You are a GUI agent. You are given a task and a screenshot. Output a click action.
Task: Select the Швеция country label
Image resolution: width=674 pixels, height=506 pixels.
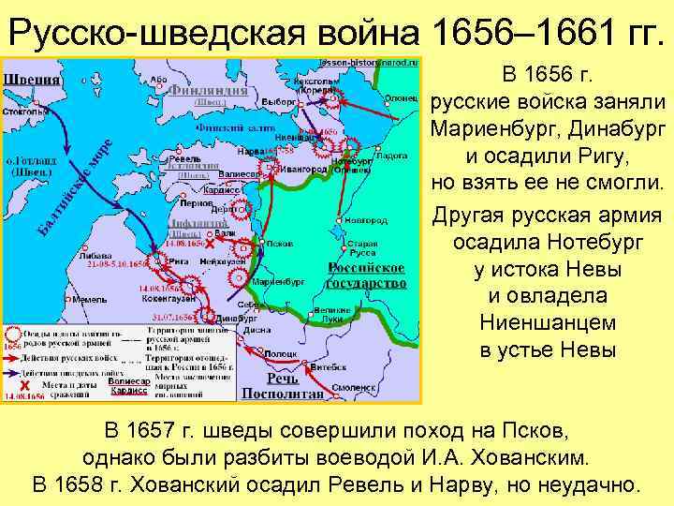click(31, 79)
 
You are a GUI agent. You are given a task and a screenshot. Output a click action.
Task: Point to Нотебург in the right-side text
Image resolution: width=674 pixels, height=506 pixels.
click(589, 243)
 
